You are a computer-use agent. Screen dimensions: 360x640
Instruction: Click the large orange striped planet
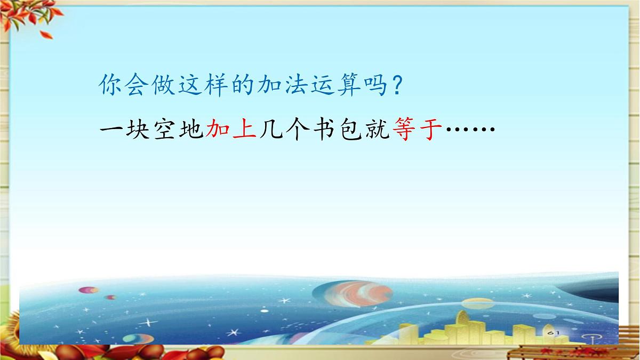pos(353,294)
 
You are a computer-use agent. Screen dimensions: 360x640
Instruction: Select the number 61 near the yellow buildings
pos(553,332)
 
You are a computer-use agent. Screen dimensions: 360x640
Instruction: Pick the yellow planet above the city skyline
pos(477,303)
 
